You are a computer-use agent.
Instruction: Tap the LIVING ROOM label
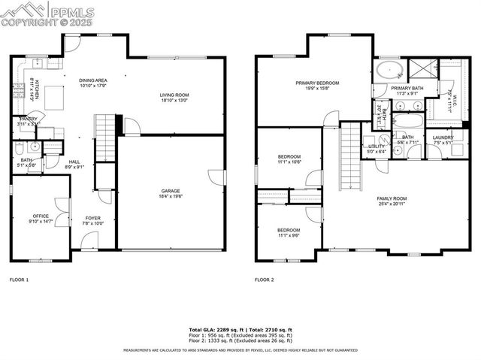(174, 95)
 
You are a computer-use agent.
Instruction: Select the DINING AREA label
(93, 80)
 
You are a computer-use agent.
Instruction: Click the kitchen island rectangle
(54, 96)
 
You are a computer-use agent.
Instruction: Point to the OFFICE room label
(40, 216)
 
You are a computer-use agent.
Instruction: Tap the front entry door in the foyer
(89, 241)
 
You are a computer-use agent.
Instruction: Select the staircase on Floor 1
(104, 138)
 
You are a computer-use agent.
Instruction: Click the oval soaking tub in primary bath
(390, 71)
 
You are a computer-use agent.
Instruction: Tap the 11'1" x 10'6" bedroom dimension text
(289, 162)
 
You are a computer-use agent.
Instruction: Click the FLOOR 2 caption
(264, 280)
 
